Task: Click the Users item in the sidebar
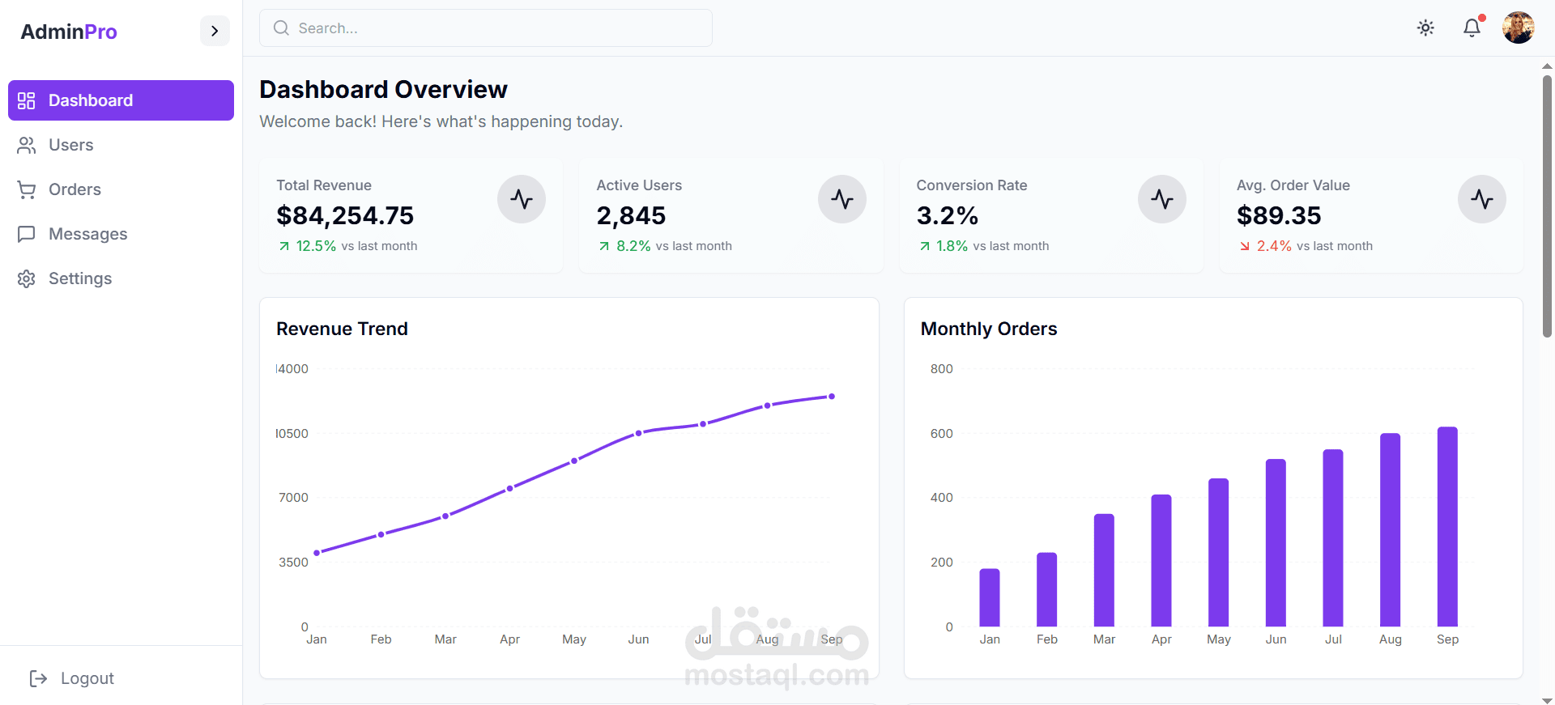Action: coord(70,145)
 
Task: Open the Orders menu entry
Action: coord(74,189)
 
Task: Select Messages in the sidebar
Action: coord(87,234)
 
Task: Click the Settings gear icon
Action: coord(27,278)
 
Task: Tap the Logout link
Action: coord(87,678)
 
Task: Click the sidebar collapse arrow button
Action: coord(215,31)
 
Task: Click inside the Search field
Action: coord(486,28)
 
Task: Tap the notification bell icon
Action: coord(1472,28)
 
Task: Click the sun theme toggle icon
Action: coord(1425,28)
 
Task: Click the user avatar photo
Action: coord(1518,28)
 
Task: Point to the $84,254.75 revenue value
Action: coord(345,215)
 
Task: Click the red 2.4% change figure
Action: coord(1273,246)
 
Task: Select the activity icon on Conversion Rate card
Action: coord(1161,199)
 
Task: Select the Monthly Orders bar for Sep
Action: coord(1447,526)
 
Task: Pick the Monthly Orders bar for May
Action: coord(1218,552)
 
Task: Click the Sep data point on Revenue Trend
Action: coord(832,397)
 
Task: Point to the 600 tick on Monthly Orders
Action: coord(941,434)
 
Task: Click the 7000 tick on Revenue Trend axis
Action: coord(293,498)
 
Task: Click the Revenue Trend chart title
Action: coord(342,329)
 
